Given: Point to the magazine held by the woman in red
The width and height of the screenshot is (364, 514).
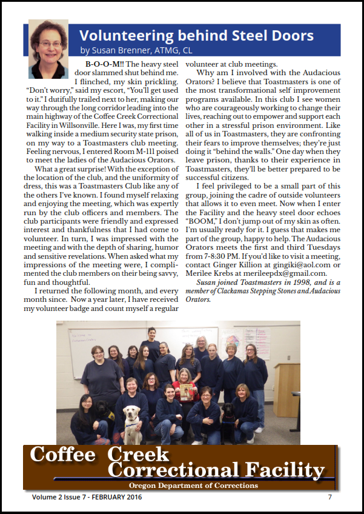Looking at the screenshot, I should pyautogui.click(x=187, y=392).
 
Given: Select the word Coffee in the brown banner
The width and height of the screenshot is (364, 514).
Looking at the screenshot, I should pyautogui.click(x=63, y=455).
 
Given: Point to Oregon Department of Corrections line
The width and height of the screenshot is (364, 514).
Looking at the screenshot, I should pyautogui.click(x=193, y=485).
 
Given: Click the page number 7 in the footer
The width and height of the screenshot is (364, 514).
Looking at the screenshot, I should pyautogui.click(x=330, y=498).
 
